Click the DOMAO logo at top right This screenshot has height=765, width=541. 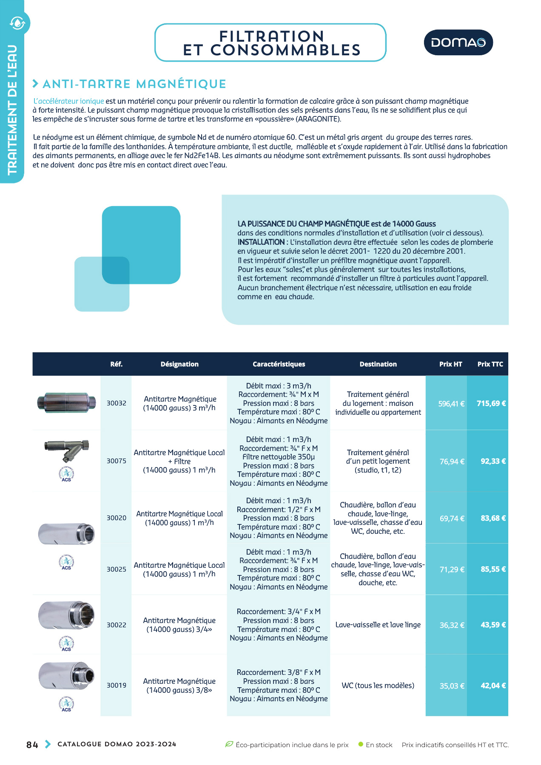[x=458, y=42]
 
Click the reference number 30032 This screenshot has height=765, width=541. [x=116, y=403]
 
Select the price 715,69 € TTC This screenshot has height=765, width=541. [x=491, y=403]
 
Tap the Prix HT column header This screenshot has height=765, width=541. [x=450, y=364]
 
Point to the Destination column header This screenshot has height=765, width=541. [x=378, y=364]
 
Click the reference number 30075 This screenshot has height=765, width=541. [x=116, y=461]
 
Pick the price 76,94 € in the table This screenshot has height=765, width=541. [x=452, y=462]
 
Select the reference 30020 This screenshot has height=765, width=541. [x=116, y=518]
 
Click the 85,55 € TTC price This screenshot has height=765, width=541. [x=493, y=569]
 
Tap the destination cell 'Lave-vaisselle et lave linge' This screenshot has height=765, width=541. [x=378, y=625]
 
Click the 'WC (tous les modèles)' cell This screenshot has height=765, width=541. [x=378, y=686]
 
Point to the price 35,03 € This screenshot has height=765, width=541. [x=452, y=686]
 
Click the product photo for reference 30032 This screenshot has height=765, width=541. [x=66, y=402]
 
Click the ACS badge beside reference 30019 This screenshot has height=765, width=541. [x=66, y=703]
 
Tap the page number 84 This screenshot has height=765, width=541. [x=32, y=745]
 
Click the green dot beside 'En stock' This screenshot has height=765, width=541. [x=361, y=744]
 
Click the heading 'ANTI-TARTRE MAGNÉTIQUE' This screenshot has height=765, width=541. [x=134, y=84]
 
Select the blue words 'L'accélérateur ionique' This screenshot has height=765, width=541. [x=68, y=101]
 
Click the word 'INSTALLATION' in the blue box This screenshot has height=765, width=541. [x=261, y=242]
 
